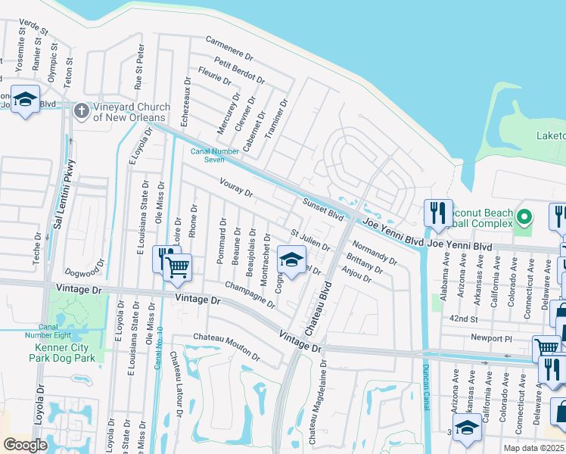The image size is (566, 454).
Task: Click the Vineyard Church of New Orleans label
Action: (129, 112)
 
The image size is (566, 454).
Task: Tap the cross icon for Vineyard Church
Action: (82, 111)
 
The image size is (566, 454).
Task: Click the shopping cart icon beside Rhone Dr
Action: (177, 266)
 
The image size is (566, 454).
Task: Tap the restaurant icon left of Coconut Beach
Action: (438, 213)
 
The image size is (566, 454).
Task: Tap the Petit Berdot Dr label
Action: (239, 69)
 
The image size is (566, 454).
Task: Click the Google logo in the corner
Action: (25, 444)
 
